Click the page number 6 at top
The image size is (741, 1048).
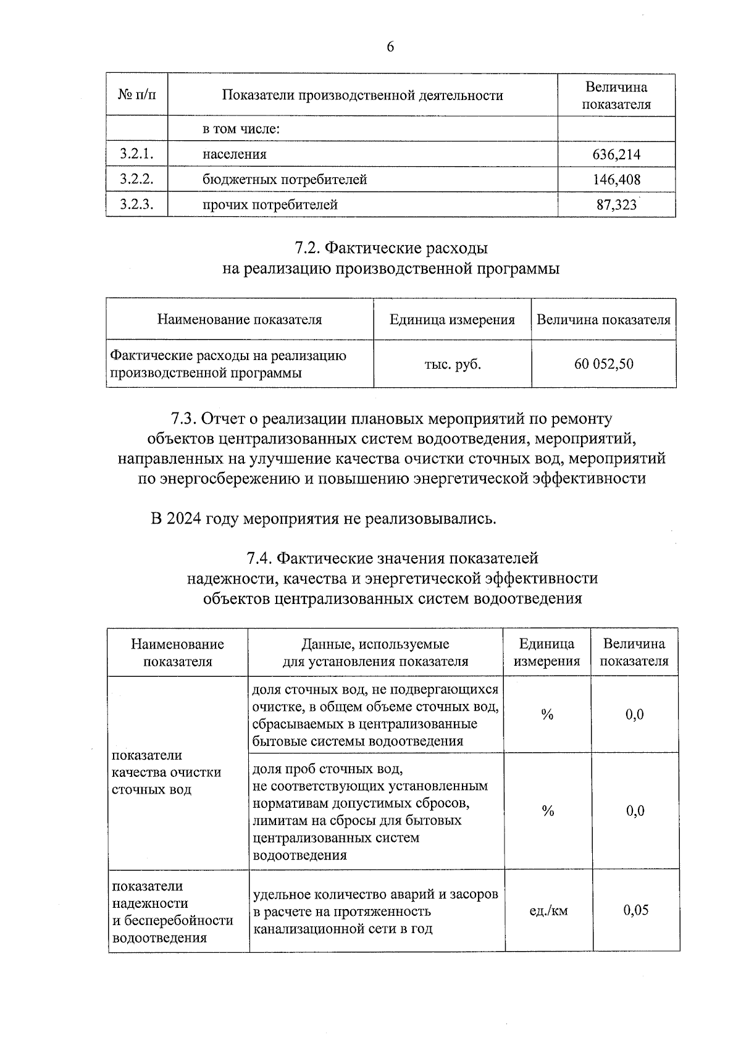tap(390, 48)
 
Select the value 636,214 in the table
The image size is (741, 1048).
tap(616, 154)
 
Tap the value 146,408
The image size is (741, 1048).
tap(616, 180)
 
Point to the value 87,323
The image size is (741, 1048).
tap(616, 205)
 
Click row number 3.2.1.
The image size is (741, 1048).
tap(136, 154)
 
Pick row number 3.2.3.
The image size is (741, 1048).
tap(136, 204)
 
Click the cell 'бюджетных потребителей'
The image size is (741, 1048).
tap(285, 180)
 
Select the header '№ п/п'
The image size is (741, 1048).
tap(136, 94)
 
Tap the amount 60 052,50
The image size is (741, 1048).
tap(603, 364)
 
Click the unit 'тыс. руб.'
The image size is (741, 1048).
tap(452, 364)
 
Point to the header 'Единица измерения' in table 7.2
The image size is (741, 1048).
tap(452, 320)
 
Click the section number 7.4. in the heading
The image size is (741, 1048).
tap(259, 558)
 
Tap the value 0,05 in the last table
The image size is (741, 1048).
tap(636, 910)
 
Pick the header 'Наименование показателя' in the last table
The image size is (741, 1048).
tap(178, 653)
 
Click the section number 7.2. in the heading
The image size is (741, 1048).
tap(307, 248)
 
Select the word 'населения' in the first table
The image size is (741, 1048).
tap(235, 154)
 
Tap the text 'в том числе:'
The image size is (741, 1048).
tap(242, 129)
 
